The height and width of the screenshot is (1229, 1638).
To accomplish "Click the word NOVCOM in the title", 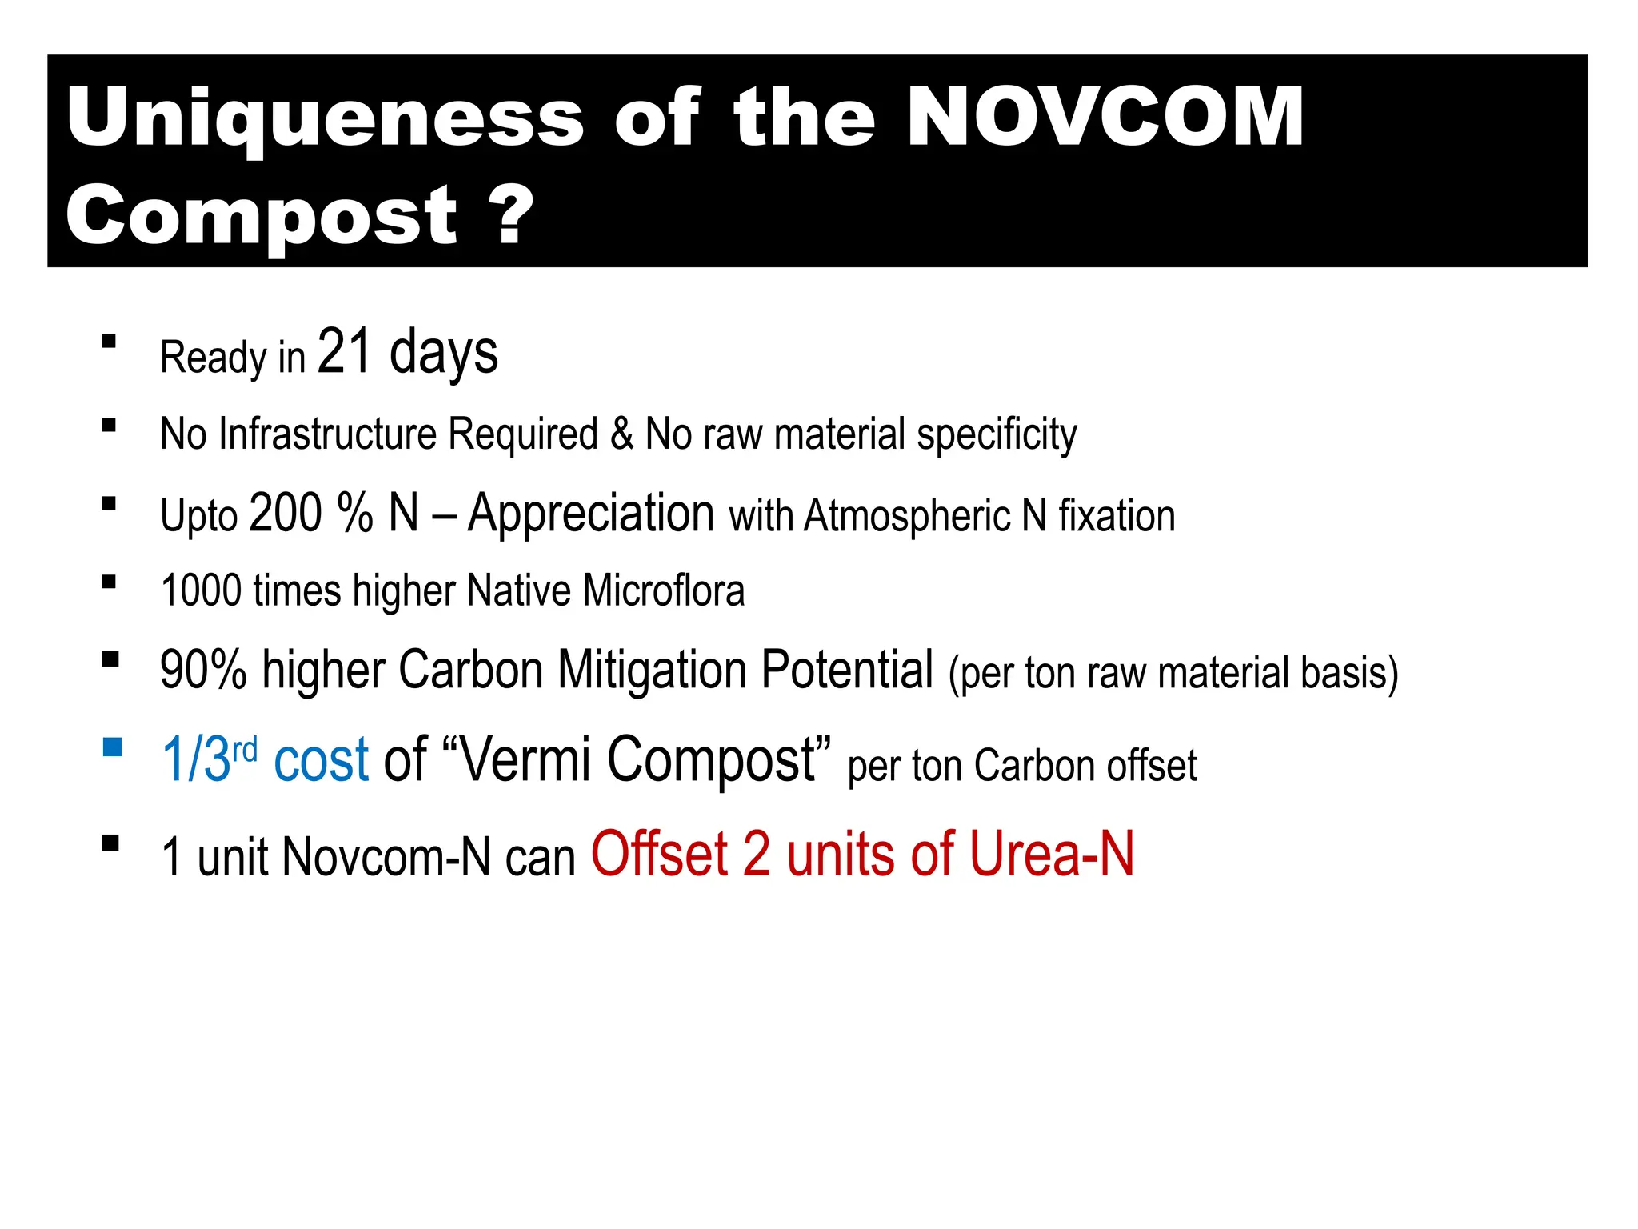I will point(1105,118).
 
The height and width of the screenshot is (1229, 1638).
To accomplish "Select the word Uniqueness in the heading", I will point(326,118).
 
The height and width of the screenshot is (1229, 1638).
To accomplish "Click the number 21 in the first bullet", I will point(345,352).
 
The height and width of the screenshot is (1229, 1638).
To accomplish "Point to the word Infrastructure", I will point(328,434).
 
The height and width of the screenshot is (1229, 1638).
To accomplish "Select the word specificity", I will point(997,436).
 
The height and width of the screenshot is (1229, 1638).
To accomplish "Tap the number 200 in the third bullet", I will point(286,513).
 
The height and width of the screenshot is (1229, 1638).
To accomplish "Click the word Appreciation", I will point(591,513).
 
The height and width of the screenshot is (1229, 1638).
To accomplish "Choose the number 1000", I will point(201,591).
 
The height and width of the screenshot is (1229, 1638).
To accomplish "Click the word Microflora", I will point(663,591).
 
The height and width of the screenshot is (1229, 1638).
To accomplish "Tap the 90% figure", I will point(203,670).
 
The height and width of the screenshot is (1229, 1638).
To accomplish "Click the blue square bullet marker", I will point(112,747).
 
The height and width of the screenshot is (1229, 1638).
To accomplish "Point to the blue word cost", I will point(321,759).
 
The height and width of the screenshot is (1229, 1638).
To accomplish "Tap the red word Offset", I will point(660,855).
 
